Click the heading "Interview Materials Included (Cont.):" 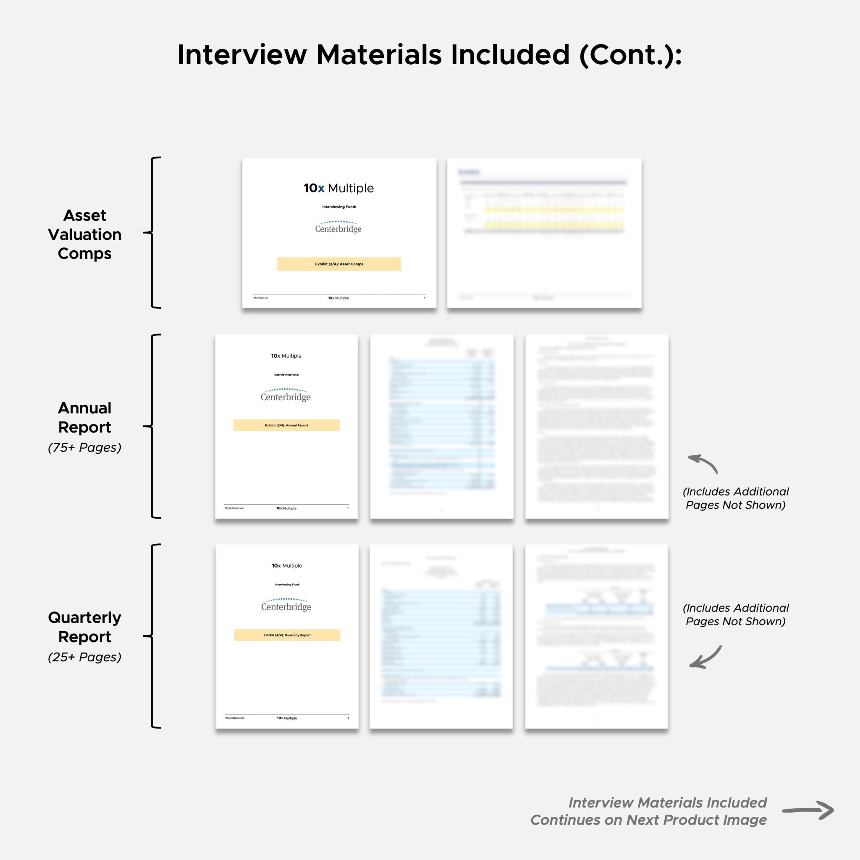pyautogui.click(x=430, y=55)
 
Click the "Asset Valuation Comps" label pyautogui.click(x=84, y=234)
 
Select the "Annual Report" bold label pyautogui.click(x=84, y=417)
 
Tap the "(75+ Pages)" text pyautogui.click(x=84, y=447)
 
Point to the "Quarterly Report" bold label pyautogui.click(x=84, y=627)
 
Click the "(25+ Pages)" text pyautogui.click(x=84, y=657)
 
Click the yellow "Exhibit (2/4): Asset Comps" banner pyautogui.click(x=339, y=264)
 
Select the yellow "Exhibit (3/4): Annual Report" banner pyautogui.click(x=286, y=425)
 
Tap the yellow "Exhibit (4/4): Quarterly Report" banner pyautogui.click(x=287, y=635)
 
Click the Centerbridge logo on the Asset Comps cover pyautogui.click(x=338, y=227)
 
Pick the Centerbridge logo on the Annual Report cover pyautogui.click(x=286, y=395)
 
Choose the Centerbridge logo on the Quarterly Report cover pyautogui.click(x=286, y=605)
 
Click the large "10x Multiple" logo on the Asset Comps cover pyautogui.click(x=339, y=188)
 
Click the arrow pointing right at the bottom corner pyautogui.click(x=808, y=810)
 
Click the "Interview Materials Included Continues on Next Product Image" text pyautogui.click(x=648, y=811)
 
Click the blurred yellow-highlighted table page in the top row pyautogui.click(x=544, y=232)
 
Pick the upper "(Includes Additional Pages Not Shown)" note pyautogui.click(x=735, y=498)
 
